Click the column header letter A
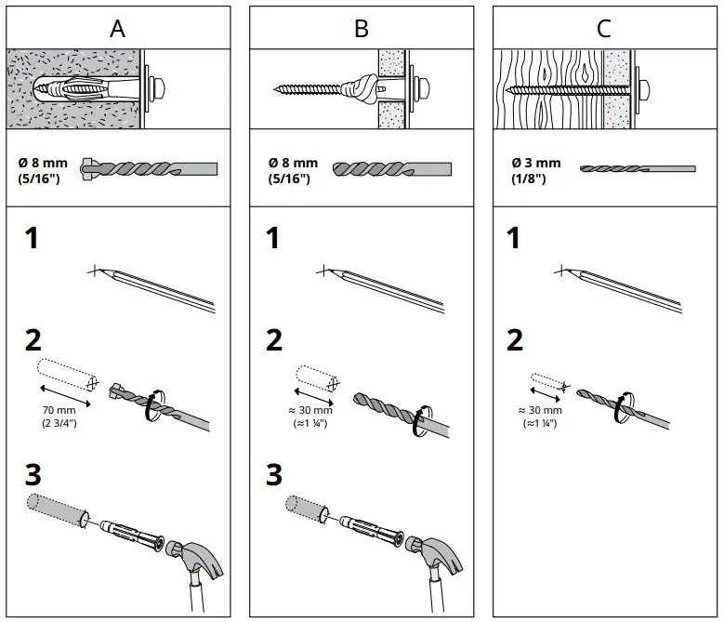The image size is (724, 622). point(117,28)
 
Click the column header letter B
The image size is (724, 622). point(361,28)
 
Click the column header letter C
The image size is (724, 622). point(604,28)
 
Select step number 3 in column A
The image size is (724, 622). point(33,475)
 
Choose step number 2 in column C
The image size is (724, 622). point(515,340)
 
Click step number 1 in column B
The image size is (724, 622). point(273,239)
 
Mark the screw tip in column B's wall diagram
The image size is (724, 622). point(279,90)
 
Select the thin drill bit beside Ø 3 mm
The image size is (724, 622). point(638,168)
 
